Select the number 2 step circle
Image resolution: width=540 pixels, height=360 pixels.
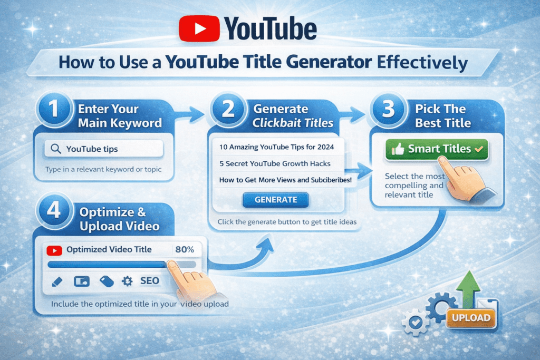[229, 109]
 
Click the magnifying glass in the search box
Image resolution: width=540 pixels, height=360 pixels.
[54, 149]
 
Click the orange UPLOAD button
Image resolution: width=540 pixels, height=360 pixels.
[471, 318]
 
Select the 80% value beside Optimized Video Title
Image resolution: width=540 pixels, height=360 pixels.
[184, 249]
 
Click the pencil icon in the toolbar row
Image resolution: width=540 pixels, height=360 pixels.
[57, 281]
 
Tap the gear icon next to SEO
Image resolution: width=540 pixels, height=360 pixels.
[127, 281]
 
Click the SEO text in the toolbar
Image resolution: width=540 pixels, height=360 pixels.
[150, 281]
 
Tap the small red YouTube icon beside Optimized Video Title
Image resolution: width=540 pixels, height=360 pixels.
[53, 250]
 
